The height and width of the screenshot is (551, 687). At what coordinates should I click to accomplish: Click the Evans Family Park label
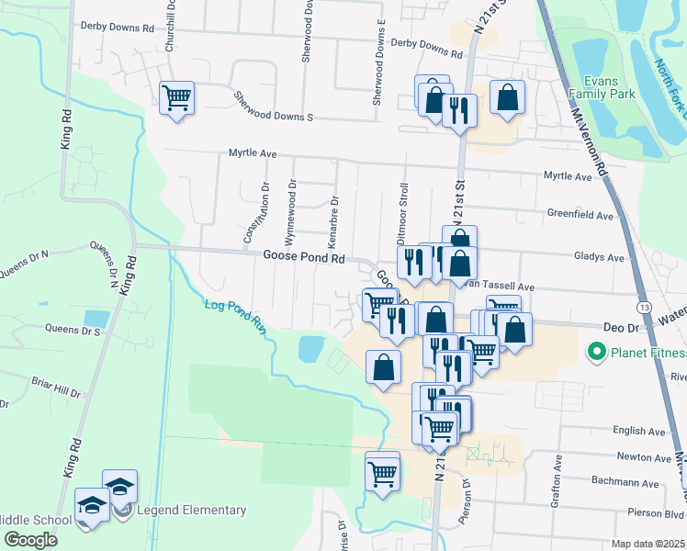click(602, 87)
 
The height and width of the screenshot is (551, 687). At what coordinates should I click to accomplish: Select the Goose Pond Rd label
click(303, 258)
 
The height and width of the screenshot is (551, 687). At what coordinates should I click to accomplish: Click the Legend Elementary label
click(191, 510)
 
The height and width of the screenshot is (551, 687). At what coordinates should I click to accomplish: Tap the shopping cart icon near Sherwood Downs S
click(177, 96)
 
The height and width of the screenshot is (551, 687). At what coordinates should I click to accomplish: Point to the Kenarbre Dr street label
click(333, 220)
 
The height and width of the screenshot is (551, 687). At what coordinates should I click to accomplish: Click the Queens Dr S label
click(73, 329)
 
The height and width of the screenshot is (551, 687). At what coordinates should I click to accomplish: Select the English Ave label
click(638, 431)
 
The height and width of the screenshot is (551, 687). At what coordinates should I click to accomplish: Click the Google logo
click(30, 539)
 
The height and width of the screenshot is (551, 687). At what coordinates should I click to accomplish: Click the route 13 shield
click(646, 306)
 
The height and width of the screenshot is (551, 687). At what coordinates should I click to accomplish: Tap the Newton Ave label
click(640, 456)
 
